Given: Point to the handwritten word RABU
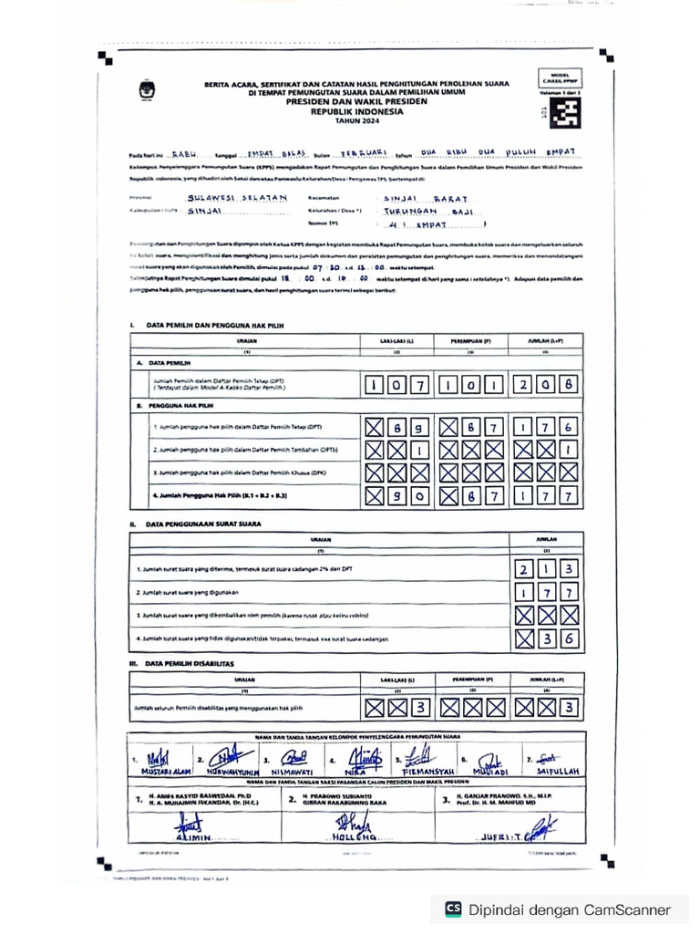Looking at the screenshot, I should [189, 154].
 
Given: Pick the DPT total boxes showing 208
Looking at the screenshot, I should [544, 385].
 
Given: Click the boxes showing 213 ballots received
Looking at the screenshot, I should [544, 569].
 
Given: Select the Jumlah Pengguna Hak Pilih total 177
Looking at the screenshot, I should [544, 495].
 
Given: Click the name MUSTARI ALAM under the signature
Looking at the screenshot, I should [159, 770].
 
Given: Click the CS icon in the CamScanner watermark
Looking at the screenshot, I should [453, 908].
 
